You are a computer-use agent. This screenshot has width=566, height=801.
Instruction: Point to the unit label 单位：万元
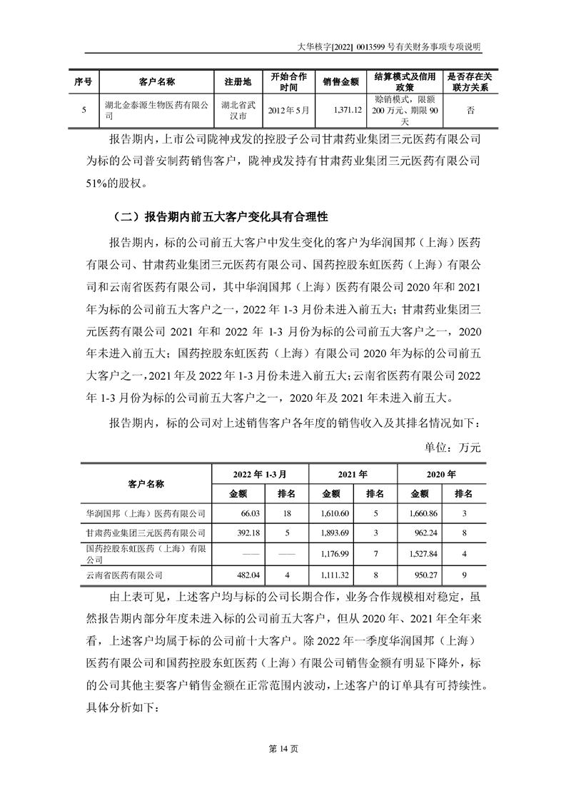click(x=453, y=448)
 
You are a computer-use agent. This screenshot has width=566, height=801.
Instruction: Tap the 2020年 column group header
click(x=441, y=473)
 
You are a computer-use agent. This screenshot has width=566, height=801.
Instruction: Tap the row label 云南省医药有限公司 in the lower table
click(x=124, y=574)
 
